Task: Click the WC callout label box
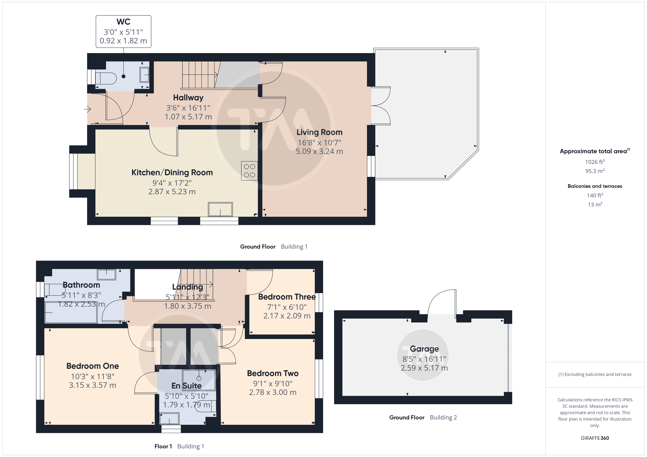point(123,31)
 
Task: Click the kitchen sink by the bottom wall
point(220,209)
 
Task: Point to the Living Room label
point(319,132)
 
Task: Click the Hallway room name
point(188,98)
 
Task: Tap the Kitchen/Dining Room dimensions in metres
point(172,192)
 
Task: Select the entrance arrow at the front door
point(88,109)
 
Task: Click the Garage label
point(424,349)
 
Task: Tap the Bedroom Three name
point(287,297)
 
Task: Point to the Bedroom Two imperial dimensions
point(273,384)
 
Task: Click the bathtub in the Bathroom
point(71,312)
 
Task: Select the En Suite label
point(187,386)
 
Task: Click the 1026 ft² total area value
point(595,162)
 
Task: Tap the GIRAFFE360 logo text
point(595,438)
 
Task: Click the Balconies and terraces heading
point(595,186)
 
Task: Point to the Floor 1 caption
point(163,446)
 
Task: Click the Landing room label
point(188,287)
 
